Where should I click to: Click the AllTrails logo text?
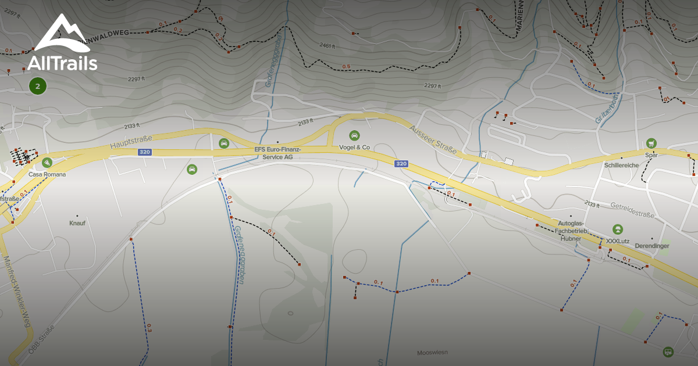pyautogui.click(x=62, y=62)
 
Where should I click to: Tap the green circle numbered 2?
pyautogui.click(x=38, y=87)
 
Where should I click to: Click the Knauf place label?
pyautogui.click(x=77, y=223)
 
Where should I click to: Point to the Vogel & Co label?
pyautogui.click(x=354, y=148)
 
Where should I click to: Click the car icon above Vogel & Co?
pyautogui.click(x=354, y=135)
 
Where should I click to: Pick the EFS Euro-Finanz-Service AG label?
pyautogui.click(x=277, y=153)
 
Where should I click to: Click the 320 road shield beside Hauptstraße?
pyautogui.click(x=145, y=152)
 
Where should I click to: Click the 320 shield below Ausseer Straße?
pyautogui.click(x=401, y=164)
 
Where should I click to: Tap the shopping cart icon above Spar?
pyautogui.click(x=651, y=143)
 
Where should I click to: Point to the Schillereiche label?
pyautogui.click(x=622, y=165)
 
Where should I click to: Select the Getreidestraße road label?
pyautogui.click(x=632, y=210)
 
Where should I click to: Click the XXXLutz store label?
pyautogui.click(x=618, y=241)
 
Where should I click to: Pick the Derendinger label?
pyautogui.click(x=652, y=246)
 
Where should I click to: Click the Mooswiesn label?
pyautogui.click(x=432, y=353)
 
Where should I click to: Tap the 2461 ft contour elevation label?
pyautogui.click(x=327, y=45)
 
